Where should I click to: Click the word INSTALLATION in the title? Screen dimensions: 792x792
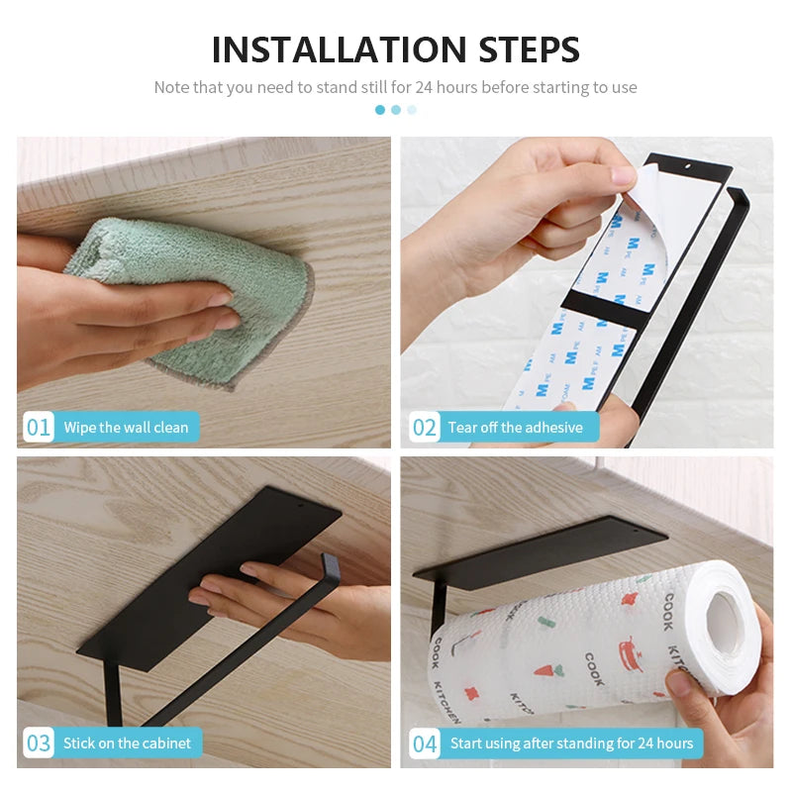(x=339, y=49)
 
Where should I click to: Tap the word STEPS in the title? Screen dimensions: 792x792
(x=529, y=49)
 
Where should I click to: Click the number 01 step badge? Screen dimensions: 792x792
(x=39, y=428)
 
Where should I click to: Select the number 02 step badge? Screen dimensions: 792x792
(x=424, y=428)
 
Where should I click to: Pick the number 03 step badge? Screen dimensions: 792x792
(x=39, y=743)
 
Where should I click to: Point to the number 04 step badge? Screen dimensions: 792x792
(x=424, y=743)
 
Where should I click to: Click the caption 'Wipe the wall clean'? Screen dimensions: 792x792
(x=126, y=428)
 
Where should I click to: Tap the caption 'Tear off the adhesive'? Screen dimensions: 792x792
(x=515, y=428)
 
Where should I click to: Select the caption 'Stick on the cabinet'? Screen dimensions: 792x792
(x=127, y=743)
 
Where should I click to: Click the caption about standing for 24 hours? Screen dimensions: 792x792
(x=572, y=743)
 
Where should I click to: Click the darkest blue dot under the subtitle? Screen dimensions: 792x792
(x=380, y=110)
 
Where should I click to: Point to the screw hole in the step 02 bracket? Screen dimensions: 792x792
(x=687, y=166)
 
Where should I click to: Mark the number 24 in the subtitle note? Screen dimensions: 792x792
(x=424, y=87)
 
